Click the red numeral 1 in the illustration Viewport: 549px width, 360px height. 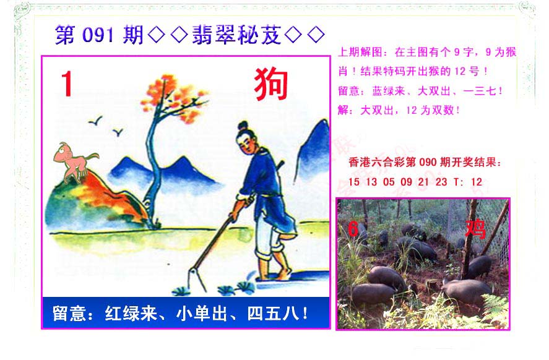click(x=67, y=84)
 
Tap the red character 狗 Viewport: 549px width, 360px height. click(x=271, y=84)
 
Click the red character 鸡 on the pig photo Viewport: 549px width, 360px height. click(x=475, y=229)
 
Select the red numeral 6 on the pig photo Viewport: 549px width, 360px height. click(x=353, y=229)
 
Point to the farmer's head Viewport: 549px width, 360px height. click(x=245, y=138)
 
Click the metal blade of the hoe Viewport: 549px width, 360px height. click(x=197, y=278)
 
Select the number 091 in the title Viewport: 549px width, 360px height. click(x=98, y=35)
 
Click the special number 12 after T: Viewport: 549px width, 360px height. click(x=477, y=182)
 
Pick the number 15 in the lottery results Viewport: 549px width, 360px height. click(x=354, y=182)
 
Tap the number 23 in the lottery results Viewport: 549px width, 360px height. click(x=441, y=182)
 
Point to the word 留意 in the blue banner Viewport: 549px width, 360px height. click(x=69, y=313)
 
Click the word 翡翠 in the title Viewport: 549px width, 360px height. click(x=214, y=35)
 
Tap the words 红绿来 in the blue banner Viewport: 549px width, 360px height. click(x=131, y=313)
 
